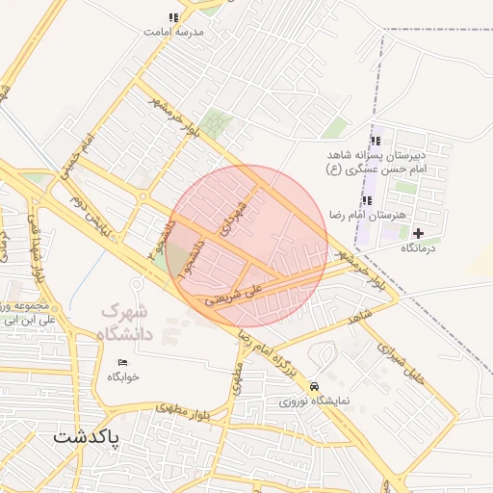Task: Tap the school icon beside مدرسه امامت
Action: tap(173, 17)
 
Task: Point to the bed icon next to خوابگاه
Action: tap(121, 362)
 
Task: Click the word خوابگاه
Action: tap(123, 376)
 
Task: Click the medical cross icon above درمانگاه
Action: tap(418, 232)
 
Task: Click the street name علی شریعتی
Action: tap(241, 288)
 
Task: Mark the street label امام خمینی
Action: tap(78, 153)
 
